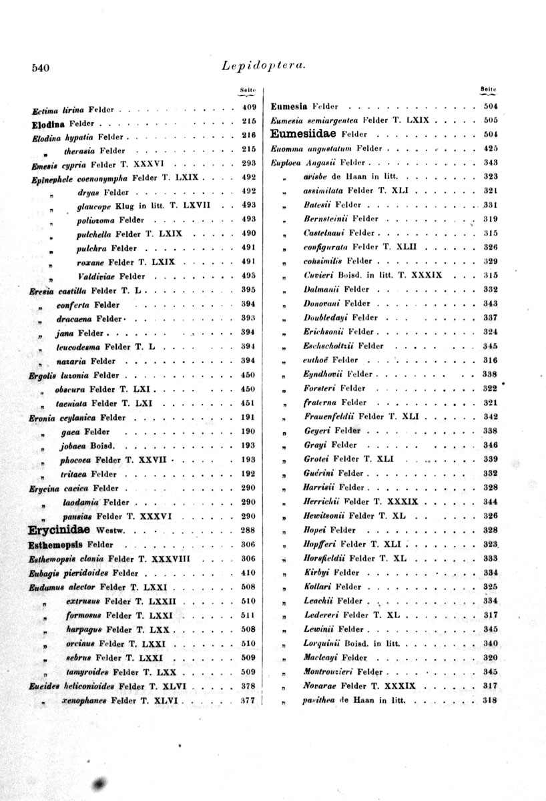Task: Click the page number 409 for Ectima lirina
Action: point(249,107)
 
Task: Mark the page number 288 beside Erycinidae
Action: point(249,531)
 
